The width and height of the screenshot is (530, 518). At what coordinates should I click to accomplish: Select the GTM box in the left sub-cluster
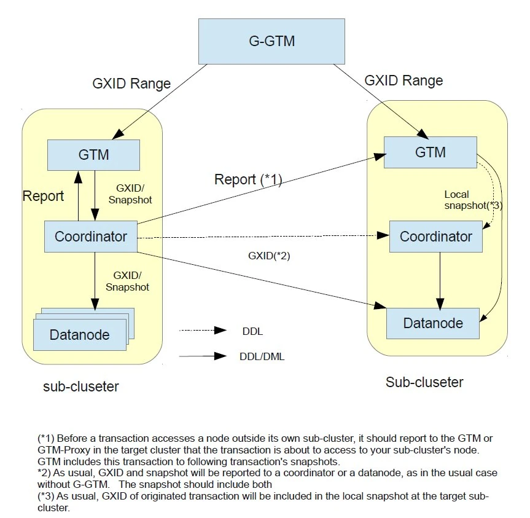coord(93,154)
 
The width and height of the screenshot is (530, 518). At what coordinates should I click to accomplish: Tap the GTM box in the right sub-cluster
coord(430,151)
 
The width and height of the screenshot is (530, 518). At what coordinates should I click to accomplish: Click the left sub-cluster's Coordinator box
coord(90,236)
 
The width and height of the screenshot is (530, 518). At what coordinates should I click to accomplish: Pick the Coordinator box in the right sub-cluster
coord(435,236)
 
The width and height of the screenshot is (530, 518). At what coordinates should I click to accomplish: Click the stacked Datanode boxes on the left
coord(80,332)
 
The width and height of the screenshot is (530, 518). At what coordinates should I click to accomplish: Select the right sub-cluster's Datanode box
coord(432,323)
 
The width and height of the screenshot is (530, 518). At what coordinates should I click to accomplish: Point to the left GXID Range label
coord(131,84)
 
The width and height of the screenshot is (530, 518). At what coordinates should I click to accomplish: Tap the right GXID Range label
coord(403,80)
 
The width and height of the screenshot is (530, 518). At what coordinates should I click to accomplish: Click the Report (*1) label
coord(247,179)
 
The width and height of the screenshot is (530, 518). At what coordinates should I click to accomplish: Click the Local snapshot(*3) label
coord(473,200)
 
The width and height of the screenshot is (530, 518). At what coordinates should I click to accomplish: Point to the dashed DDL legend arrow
coord(203,330)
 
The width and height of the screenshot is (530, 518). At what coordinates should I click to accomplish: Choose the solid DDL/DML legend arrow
coord(203,356)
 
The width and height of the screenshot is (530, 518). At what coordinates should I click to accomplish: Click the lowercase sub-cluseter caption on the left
coord(80,387)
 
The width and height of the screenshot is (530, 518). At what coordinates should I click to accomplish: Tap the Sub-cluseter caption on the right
coord(424,382)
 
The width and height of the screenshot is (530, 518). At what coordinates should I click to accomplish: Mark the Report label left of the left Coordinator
coord(43,196)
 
